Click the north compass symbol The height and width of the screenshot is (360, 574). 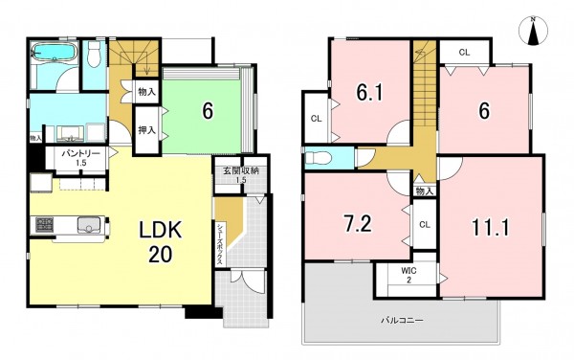534,32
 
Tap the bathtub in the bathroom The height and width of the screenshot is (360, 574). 55,52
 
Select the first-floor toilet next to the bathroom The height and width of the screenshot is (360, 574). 95,56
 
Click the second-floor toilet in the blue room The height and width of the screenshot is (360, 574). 319,158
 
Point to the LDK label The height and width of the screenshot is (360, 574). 160,230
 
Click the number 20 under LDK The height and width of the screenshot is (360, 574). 161,254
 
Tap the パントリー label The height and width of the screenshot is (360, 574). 80,153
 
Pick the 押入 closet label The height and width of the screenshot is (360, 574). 146,129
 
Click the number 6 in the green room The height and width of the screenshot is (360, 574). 208,111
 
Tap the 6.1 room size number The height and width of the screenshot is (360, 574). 369,93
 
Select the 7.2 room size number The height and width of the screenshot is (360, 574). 359,224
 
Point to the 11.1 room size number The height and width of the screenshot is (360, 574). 490,228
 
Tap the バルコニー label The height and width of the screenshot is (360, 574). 403,321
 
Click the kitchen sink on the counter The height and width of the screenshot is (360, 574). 88,224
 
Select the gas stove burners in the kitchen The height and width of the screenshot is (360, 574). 45,224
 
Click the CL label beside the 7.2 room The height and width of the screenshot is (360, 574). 425,224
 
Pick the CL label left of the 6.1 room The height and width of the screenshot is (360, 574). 317,119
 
